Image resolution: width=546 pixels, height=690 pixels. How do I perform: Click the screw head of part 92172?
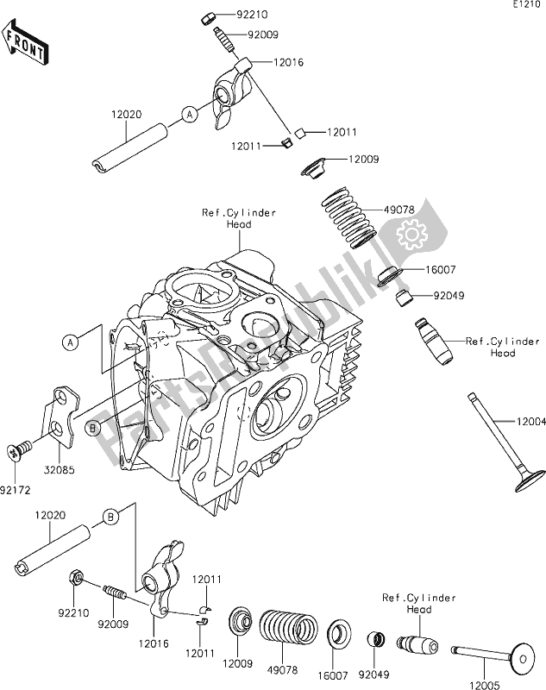tap(14, 449)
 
